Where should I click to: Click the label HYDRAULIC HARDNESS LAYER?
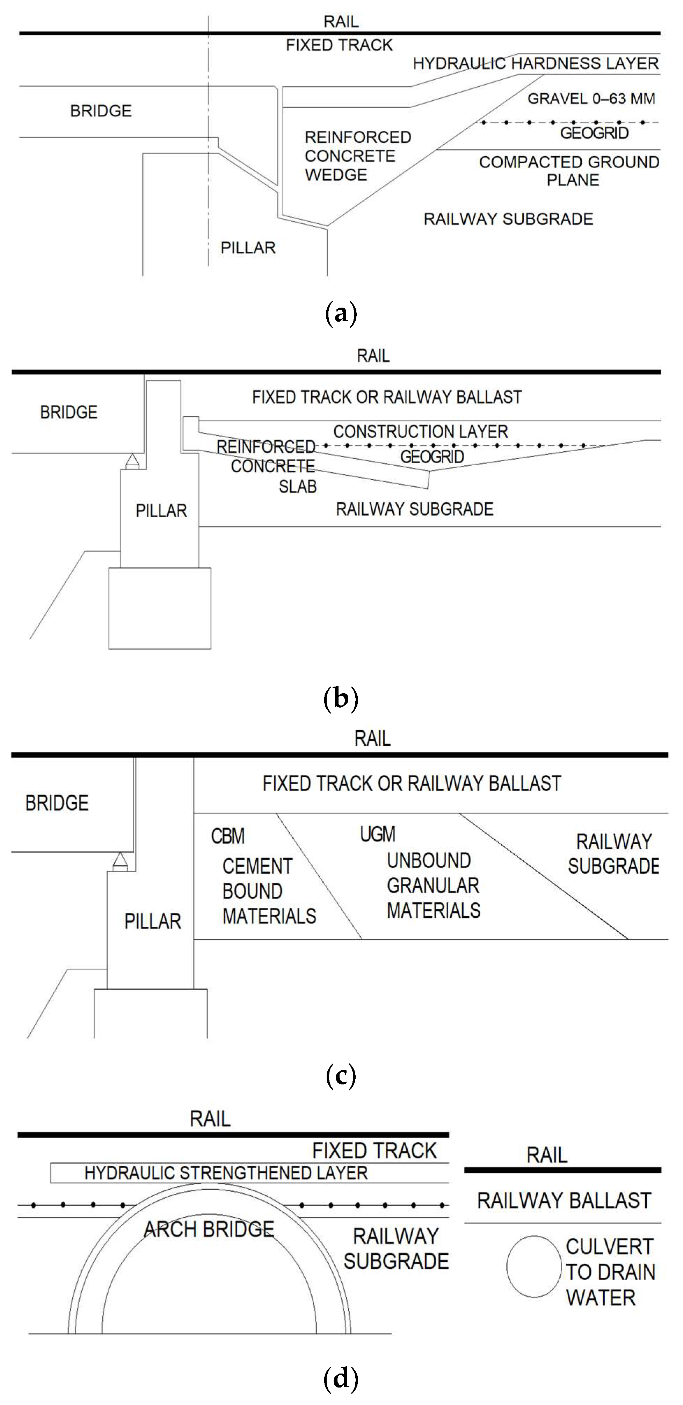pyautogui.click(x=536, y=63)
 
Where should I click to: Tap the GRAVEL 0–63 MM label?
pyautogui.click(x=591, y=99)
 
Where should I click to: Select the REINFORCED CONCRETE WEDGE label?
pyautogui.click(x=358, y=156)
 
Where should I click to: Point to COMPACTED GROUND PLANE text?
pyautogui.click(x=569, y=171)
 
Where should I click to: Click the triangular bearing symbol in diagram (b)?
pyautogui.click(x=132, y=462)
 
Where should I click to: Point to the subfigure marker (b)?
pyautogui.click(x=341, y=699)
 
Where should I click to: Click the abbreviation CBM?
pyautogui.click(x=228, y=836)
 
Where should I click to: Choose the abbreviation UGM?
pyautogui.click(x=378, y=834)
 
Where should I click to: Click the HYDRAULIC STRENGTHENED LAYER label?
pyautogui.click(x=226, y=1173)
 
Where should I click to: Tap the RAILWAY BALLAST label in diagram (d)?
pyautogui.click(x=564, y=1200)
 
